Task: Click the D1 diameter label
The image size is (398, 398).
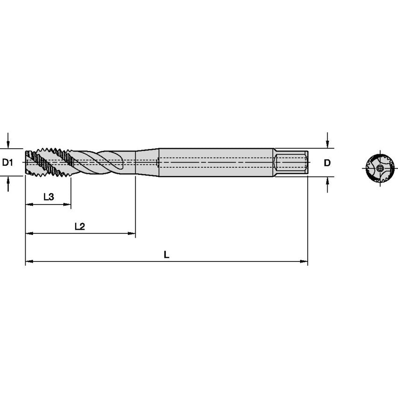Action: [x=7, y=163]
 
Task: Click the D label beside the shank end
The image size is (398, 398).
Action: [x=327, y=163]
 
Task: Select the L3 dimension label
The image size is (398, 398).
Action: [x=48, y=197]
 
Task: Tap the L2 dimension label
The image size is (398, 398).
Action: [x=80, y=226]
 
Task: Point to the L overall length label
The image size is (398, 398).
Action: [x=166, y=254]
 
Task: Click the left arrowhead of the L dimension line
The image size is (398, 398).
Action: [x=28, y=261]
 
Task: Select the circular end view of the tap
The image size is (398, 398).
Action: [x=380, y=168]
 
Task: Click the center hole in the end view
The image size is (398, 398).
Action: [x=381, y=168]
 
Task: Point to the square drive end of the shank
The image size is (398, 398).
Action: [x=291, y=162]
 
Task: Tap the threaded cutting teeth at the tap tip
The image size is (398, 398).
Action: [x=47, y=162]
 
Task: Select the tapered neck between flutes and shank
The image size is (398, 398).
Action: [x=147, y=162]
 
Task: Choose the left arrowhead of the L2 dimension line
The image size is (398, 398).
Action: [x=28, y=233]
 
